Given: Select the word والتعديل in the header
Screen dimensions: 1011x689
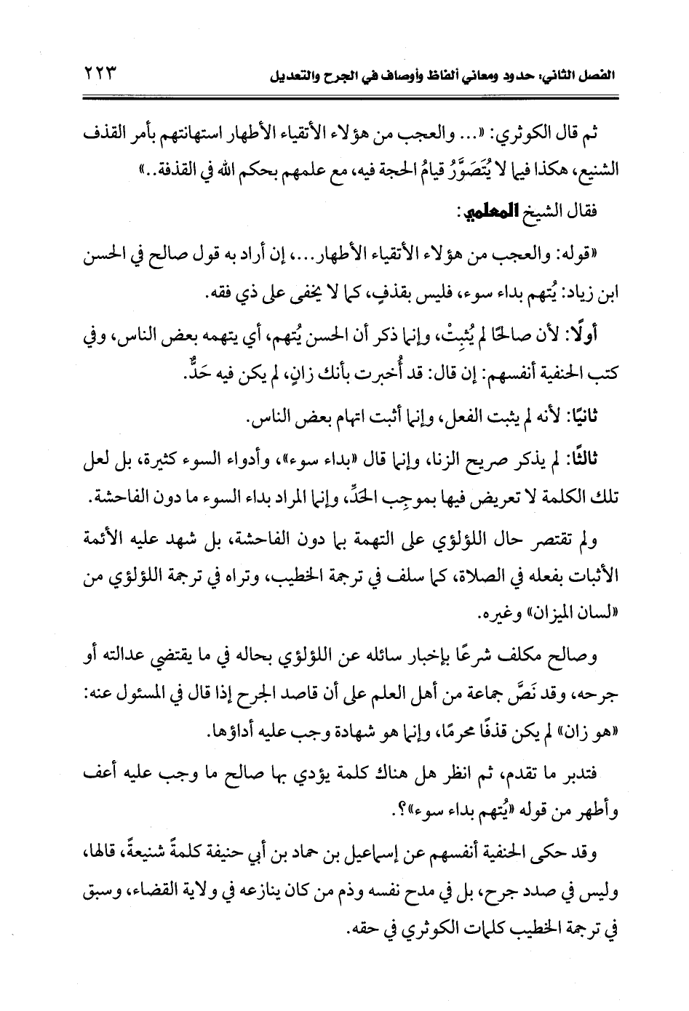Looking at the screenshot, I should point(293,75).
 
